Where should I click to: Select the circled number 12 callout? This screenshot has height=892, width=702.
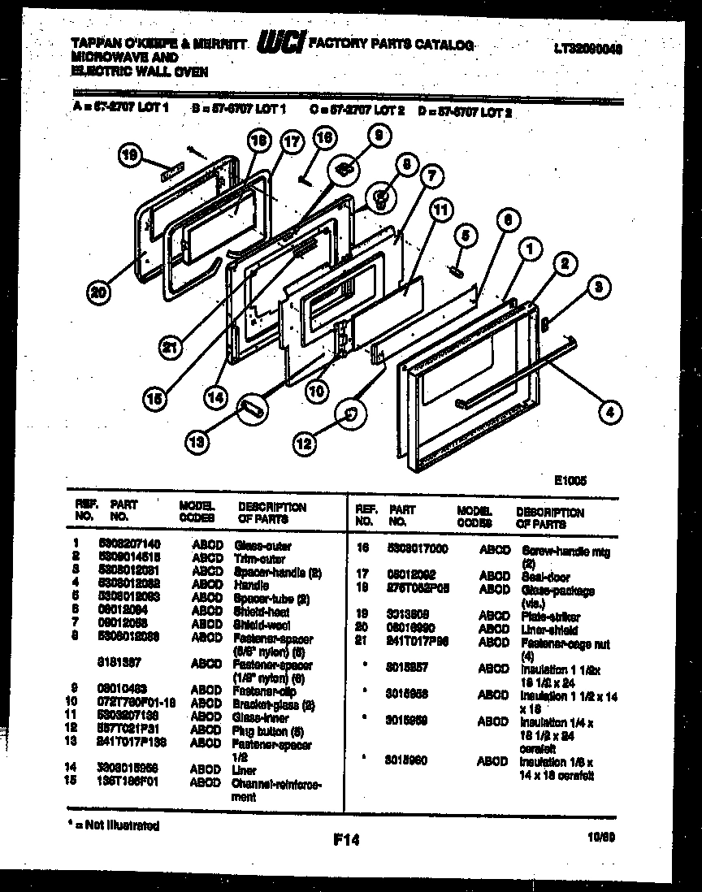click(303, 444)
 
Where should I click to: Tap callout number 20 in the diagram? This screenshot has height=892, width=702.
click(98, 294)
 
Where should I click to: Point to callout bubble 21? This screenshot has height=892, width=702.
click(169, 348)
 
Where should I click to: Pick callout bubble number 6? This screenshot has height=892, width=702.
click(507, 219)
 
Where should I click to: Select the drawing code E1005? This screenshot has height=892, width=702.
click(570, 480)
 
